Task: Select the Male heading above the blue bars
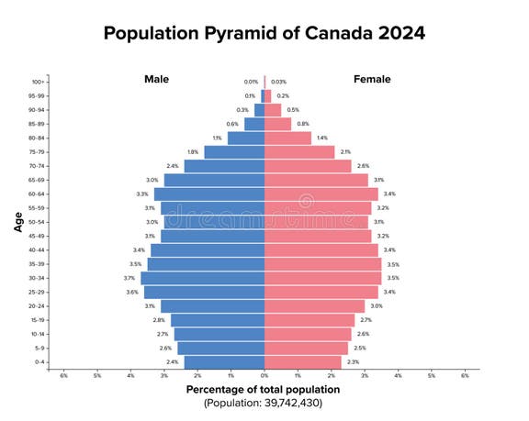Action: coord(157,79)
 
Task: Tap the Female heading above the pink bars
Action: coord(372,79)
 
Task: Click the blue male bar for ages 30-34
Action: coord(202,278)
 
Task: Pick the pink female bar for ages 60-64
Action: coord(321,194)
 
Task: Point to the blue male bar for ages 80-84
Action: coord(246,138)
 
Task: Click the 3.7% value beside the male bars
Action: coord(129,278)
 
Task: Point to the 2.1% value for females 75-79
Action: coord(345,152)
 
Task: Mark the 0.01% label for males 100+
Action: coord(251,82)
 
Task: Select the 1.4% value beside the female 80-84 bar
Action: coord(321,138)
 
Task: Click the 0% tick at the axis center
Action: coord(264,375)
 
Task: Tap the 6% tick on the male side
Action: coord(64,375)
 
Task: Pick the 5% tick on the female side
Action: coord(432,375)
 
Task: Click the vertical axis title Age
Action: coord(18,221)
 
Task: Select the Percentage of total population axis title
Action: coord(264,390)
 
